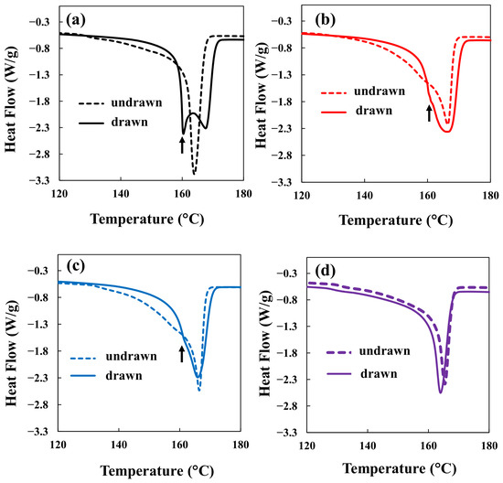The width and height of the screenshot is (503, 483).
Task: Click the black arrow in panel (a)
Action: (182, 145)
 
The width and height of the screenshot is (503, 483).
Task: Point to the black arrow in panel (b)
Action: (429, 113)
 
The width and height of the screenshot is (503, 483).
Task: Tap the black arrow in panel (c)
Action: (182, 354)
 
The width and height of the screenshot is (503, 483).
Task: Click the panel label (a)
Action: (76, 20)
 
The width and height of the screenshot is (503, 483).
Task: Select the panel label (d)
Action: (325, 271)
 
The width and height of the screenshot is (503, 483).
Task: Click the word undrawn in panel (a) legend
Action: (136, 102)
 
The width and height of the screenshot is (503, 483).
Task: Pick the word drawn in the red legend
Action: (374, 111)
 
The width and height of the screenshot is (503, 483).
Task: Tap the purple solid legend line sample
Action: (339, 374)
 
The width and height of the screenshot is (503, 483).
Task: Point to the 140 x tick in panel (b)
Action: (364, 196)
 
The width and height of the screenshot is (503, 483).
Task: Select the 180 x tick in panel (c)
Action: (241, 445)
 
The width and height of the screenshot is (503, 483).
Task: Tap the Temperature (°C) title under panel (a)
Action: (147, 220)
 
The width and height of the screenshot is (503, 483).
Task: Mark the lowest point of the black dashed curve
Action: (194, 174)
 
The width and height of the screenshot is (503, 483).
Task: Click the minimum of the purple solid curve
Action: (441, 392)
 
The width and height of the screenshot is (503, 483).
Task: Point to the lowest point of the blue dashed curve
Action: (199, 391)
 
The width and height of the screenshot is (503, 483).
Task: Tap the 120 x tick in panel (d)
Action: (307, 445)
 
